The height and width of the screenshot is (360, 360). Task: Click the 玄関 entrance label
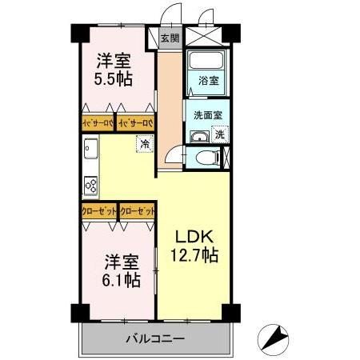(168, 38)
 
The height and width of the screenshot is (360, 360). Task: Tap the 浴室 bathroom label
(207, 80)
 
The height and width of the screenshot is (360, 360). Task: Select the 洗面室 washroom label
(208, 114)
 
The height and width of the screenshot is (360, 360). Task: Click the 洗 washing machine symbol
(219, 135)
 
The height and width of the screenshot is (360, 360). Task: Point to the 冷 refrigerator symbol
(145, 145)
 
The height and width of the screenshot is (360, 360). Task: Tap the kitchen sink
(90, 150)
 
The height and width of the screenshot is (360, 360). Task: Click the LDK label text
(194, 238)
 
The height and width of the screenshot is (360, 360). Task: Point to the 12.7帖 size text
(194, 257)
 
